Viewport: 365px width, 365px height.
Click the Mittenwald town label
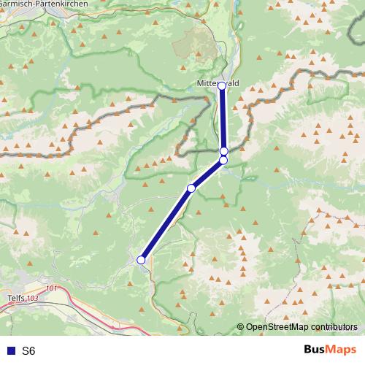coord(218,84)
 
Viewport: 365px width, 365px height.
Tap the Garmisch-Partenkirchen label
coord(44,4)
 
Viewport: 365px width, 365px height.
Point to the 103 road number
coord(31,299)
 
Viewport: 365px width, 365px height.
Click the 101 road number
coord(50,288)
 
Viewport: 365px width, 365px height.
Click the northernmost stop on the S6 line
coord(222,86)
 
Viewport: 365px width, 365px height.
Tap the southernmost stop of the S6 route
coord(141,259)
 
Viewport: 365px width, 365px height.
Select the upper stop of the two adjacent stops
coord(224,152)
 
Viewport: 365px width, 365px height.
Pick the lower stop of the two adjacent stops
coord(223,160)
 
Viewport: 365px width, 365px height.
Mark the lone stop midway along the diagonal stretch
coord(191,188)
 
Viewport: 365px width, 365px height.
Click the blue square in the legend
coord(9,351)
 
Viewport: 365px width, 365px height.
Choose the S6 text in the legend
coord(28,351)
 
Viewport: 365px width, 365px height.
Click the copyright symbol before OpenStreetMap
coord(240,327)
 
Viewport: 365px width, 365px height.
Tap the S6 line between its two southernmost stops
coord(166,223)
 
